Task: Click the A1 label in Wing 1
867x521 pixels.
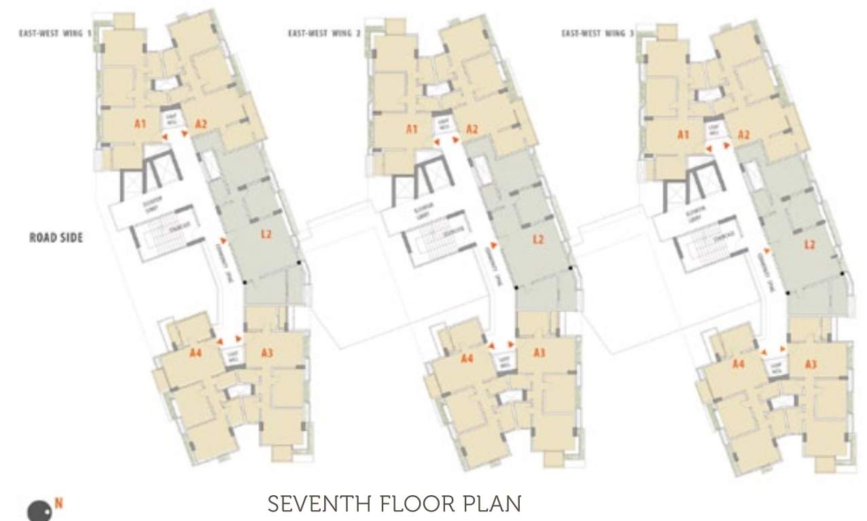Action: (141, 124)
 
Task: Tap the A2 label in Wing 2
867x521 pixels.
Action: (472, 129)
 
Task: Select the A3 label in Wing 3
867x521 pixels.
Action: (810, 365)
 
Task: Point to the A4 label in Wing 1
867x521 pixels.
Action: (196, 352)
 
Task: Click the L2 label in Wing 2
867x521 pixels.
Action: (538, 239)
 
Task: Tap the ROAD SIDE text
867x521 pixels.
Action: (56, 238)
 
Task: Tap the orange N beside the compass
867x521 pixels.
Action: (59, 504)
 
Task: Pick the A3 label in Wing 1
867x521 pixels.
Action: (267, 352)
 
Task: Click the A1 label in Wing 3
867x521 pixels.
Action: (684, 135)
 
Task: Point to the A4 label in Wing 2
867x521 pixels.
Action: (467, 358)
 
